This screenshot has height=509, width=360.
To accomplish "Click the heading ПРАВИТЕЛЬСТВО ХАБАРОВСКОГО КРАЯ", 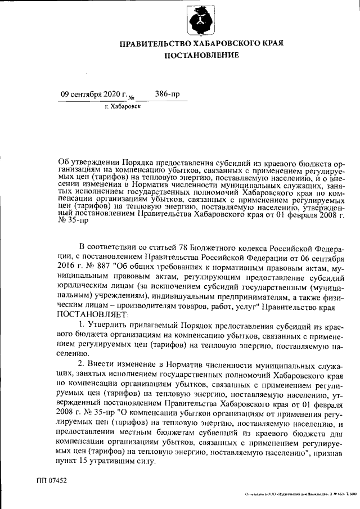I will (x=201, y=43).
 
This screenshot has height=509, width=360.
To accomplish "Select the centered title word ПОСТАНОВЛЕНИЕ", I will (x=201, y=55).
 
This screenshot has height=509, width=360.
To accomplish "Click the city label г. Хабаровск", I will (x=123, y=106).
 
